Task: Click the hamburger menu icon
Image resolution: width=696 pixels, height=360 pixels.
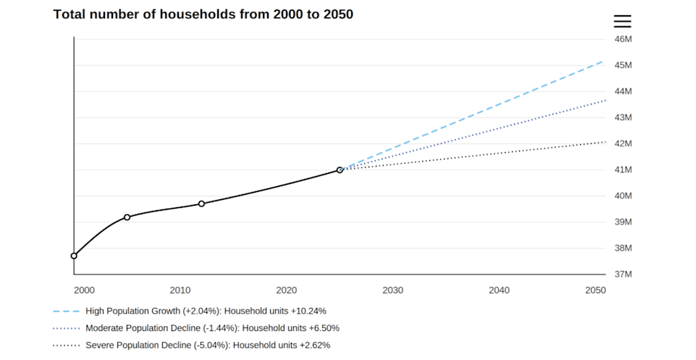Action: coord(622,21)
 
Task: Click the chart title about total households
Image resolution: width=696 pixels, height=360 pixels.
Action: coord(204,14)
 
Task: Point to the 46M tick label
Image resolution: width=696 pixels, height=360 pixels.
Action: coord(623,39)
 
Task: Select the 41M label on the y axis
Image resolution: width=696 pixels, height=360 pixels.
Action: coord(623,169)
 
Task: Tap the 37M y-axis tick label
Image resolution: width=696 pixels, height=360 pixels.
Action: coord(623,275)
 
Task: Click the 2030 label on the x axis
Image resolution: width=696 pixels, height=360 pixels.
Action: coord(393,290)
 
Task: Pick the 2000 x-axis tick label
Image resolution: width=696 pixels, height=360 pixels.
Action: coord(84,290)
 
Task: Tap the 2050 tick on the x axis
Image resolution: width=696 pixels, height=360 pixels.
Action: coord(595,290)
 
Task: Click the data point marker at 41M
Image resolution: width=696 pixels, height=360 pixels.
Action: coord(340,170)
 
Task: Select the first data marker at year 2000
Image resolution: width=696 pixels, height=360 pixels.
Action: coord(74,256)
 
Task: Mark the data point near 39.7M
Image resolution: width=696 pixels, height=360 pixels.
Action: coord(201,204)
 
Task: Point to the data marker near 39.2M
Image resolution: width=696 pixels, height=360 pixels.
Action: coord(127,217)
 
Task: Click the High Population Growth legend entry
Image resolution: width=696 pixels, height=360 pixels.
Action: coord(190,311)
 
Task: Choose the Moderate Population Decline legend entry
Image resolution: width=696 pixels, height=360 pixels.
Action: coord(196,328)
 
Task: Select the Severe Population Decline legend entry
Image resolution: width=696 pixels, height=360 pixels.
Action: coord(191,346)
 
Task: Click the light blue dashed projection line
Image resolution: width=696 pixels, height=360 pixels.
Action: coord(473,115)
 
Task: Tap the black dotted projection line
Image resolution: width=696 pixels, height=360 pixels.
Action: coord(473,156)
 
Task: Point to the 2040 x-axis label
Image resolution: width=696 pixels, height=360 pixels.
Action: coord(499,290)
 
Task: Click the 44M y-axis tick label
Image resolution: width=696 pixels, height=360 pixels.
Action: coord(623,91)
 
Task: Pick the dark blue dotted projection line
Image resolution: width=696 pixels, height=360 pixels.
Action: coord(473,135)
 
